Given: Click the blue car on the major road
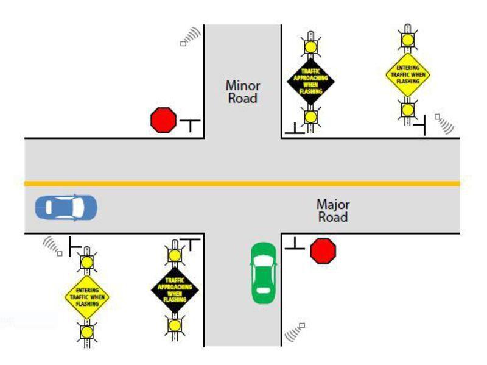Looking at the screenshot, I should click(x=65, y=208).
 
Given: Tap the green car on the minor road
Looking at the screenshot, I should click(x=264, y=272).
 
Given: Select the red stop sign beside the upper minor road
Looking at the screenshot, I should click(x=163, y=120).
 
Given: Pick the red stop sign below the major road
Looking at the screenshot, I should click(x=323, y=250).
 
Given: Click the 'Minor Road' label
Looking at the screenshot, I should click(x=242, y=92).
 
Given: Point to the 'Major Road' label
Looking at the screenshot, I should click(x=332, y=211).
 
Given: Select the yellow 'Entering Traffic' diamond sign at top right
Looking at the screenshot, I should click(x=408, y=74).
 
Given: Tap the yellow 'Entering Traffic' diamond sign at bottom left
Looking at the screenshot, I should click(x=87, y=296).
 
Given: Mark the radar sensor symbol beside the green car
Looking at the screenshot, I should click(x=295, y=331).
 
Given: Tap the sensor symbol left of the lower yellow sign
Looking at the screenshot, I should click(x=52, y=246).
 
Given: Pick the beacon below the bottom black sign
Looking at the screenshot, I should click(x=175, y=325).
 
